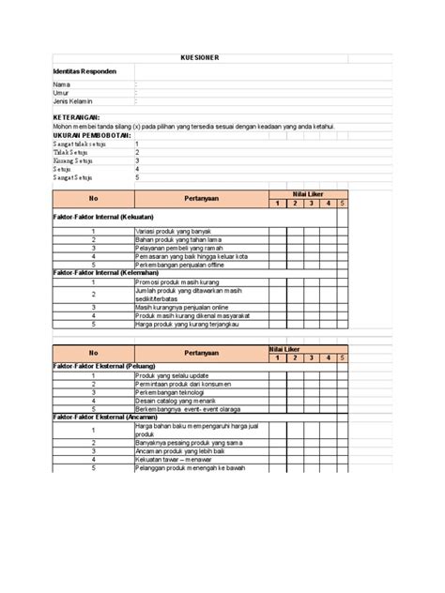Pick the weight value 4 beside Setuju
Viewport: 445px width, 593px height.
[x=137, y=168]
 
